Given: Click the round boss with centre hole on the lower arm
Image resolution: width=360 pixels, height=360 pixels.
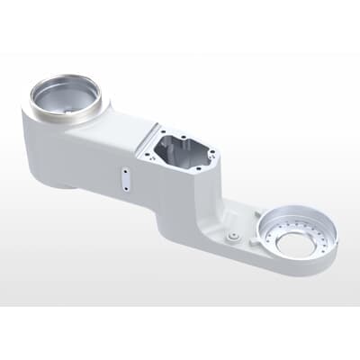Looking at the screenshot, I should (x=233, y=235).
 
